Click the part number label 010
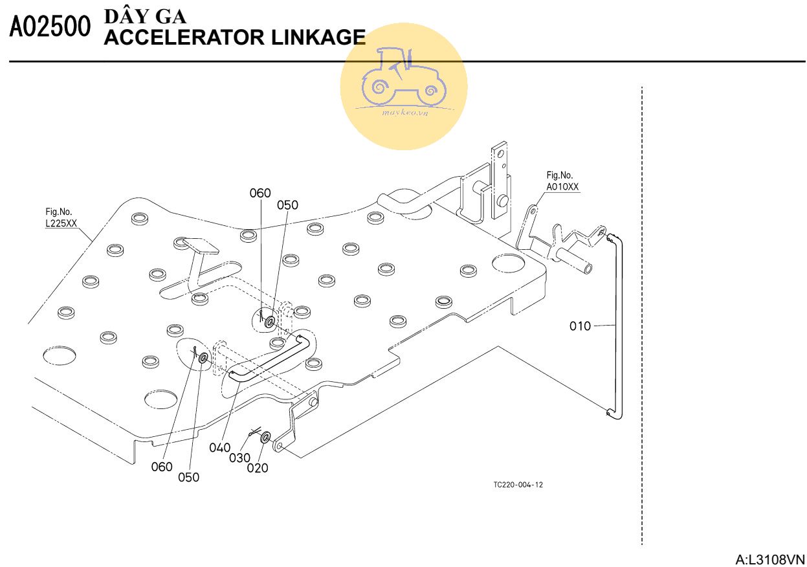580,326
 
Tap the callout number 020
258,469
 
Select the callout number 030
239,458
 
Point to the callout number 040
220,447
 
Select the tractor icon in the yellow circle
403,76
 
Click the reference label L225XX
61,223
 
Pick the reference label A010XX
562,187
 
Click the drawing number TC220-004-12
518,485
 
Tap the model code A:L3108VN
769,559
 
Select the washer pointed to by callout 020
265,439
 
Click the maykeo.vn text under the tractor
404,112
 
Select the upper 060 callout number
260,193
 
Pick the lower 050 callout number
189,477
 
